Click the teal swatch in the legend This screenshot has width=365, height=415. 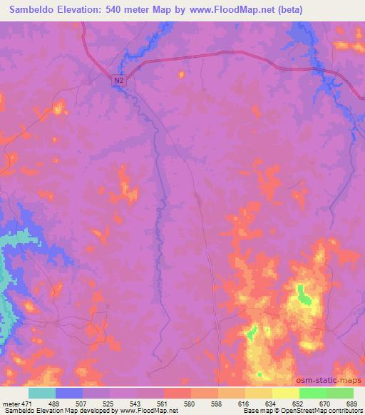[x=42, y=393]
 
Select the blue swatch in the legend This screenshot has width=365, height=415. [x=69, y=393]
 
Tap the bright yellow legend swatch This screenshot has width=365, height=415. [x=286, y=393]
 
